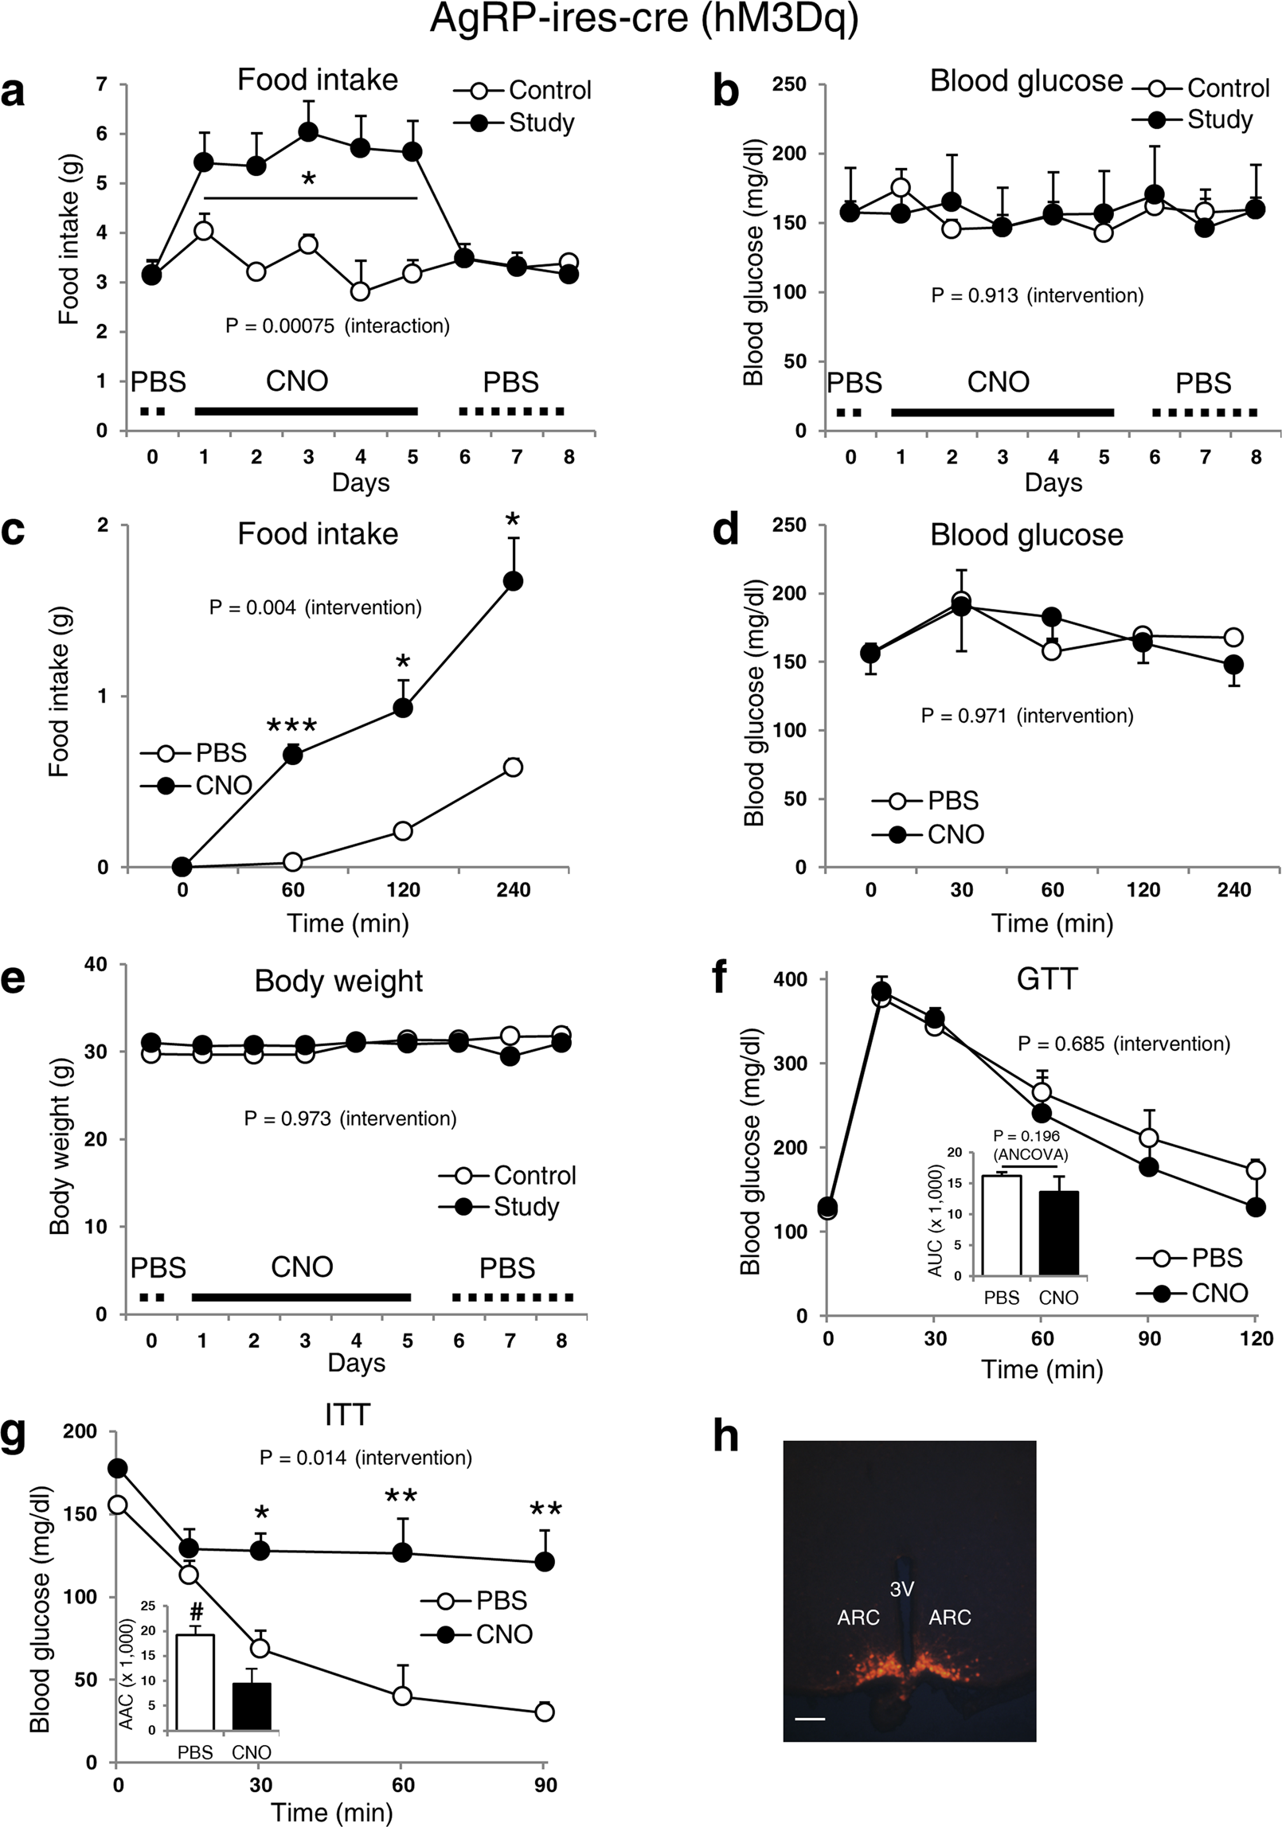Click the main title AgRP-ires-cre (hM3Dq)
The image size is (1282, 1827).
click(x=644, y=19)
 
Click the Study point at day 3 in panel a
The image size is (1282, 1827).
click(x=308, y=131)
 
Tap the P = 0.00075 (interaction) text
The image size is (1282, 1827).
click(x=337, y=326)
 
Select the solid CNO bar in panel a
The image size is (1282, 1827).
click(x=306, y=411)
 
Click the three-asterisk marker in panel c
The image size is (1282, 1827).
click(x=292, y=726)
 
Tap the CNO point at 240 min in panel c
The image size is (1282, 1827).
click(x=514, y=581)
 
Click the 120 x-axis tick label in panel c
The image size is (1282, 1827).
click(x=403, y=889)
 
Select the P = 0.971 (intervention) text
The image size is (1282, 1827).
click(x=1026, y=716)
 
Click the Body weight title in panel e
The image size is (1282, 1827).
click(x=338, y=981)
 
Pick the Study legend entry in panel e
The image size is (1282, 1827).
click(x=498, y=1206)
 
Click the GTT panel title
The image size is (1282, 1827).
click(x=1046, y=978)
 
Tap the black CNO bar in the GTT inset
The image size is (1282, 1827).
click(x=1058, y=1233)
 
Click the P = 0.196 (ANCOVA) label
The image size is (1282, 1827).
click(x=1030, y=1145)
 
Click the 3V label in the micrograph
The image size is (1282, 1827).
click(x=901, y=1589)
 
